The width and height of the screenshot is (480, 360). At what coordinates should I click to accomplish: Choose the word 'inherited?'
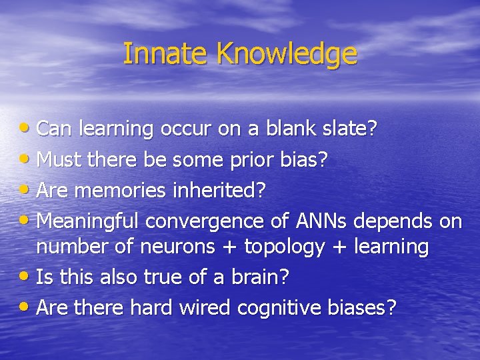[x=218, y=191]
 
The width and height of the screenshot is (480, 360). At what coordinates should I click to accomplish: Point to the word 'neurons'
[x=177, y=247]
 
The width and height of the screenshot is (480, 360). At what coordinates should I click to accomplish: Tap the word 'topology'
[x=284, y=247]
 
